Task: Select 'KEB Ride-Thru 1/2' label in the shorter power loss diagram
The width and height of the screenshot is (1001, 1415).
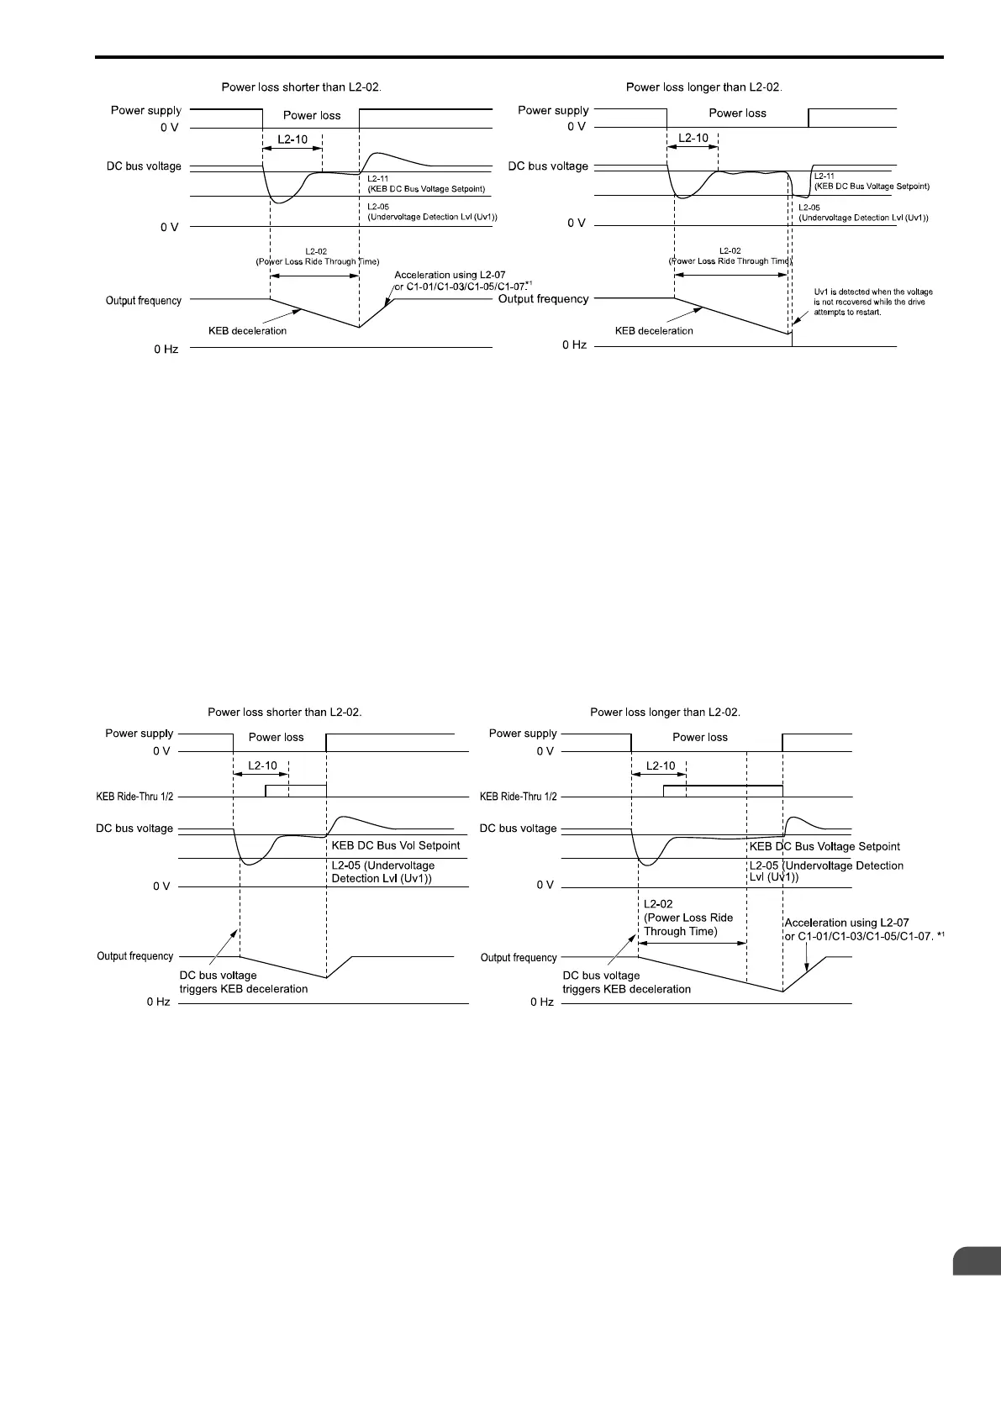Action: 135,796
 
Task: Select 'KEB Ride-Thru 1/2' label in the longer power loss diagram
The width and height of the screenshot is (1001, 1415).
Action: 518,796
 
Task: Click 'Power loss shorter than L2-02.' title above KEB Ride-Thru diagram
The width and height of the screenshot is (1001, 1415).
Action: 284,712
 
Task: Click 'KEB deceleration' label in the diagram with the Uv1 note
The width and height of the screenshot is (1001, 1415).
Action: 654,331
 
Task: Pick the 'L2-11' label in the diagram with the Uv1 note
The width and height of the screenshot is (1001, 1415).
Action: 825,176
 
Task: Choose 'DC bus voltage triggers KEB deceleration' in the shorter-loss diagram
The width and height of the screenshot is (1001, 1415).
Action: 244,982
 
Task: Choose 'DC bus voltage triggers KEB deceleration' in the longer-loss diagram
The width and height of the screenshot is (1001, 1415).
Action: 626,982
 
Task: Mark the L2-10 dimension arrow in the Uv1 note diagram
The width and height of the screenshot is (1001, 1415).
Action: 693,146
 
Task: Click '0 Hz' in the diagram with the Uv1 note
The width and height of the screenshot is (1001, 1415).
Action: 574,345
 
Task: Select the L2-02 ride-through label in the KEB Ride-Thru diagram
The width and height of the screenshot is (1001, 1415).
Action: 688,918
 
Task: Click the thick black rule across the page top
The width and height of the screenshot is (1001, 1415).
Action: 519,58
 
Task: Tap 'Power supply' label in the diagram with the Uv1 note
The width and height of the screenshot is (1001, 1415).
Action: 553,110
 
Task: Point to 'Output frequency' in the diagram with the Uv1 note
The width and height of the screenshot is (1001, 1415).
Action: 544,299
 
